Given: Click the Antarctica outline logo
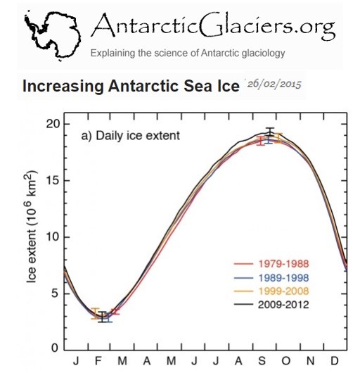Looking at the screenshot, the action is point(53,35).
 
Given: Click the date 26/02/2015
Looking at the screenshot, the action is point(274,84).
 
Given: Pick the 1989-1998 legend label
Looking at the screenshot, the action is point(283,277).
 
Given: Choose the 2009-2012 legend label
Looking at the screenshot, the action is point(283,305).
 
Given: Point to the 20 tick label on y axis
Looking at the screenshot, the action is point(52,124).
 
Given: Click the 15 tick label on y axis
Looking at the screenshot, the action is point(52,180).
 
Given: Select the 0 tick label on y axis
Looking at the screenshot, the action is point(55,348).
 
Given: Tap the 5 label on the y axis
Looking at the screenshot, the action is point(55,293).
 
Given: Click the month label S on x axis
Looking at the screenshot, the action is point(262,361).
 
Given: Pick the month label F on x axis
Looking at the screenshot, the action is point(98,361).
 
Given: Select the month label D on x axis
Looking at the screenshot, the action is point(335,361).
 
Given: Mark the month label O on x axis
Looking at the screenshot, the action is point(286,361).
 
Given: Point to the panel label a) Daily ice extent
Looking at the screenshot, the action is point(131,136).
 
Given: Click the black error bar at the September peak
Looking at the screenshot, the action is point(269,132).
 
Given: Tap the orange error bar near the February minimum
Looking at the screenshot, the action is point(96,313).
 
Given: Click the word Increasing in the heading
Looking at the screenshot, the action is point(63,86).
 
